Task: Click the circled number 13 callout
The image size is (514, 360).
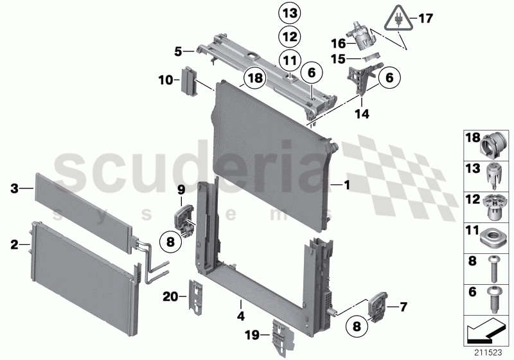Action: coord(289,13)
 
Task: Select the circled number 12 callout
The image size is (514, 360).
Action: coord(289,37)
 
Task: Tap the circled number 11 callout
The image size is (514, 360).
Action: coord(289,60)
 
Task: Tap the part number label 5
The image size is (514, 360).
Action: coord(177,50)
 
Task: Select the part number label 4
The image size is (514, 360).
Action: coord(241,316)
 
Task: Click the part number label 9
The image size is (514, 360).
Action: coord(181,189)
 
